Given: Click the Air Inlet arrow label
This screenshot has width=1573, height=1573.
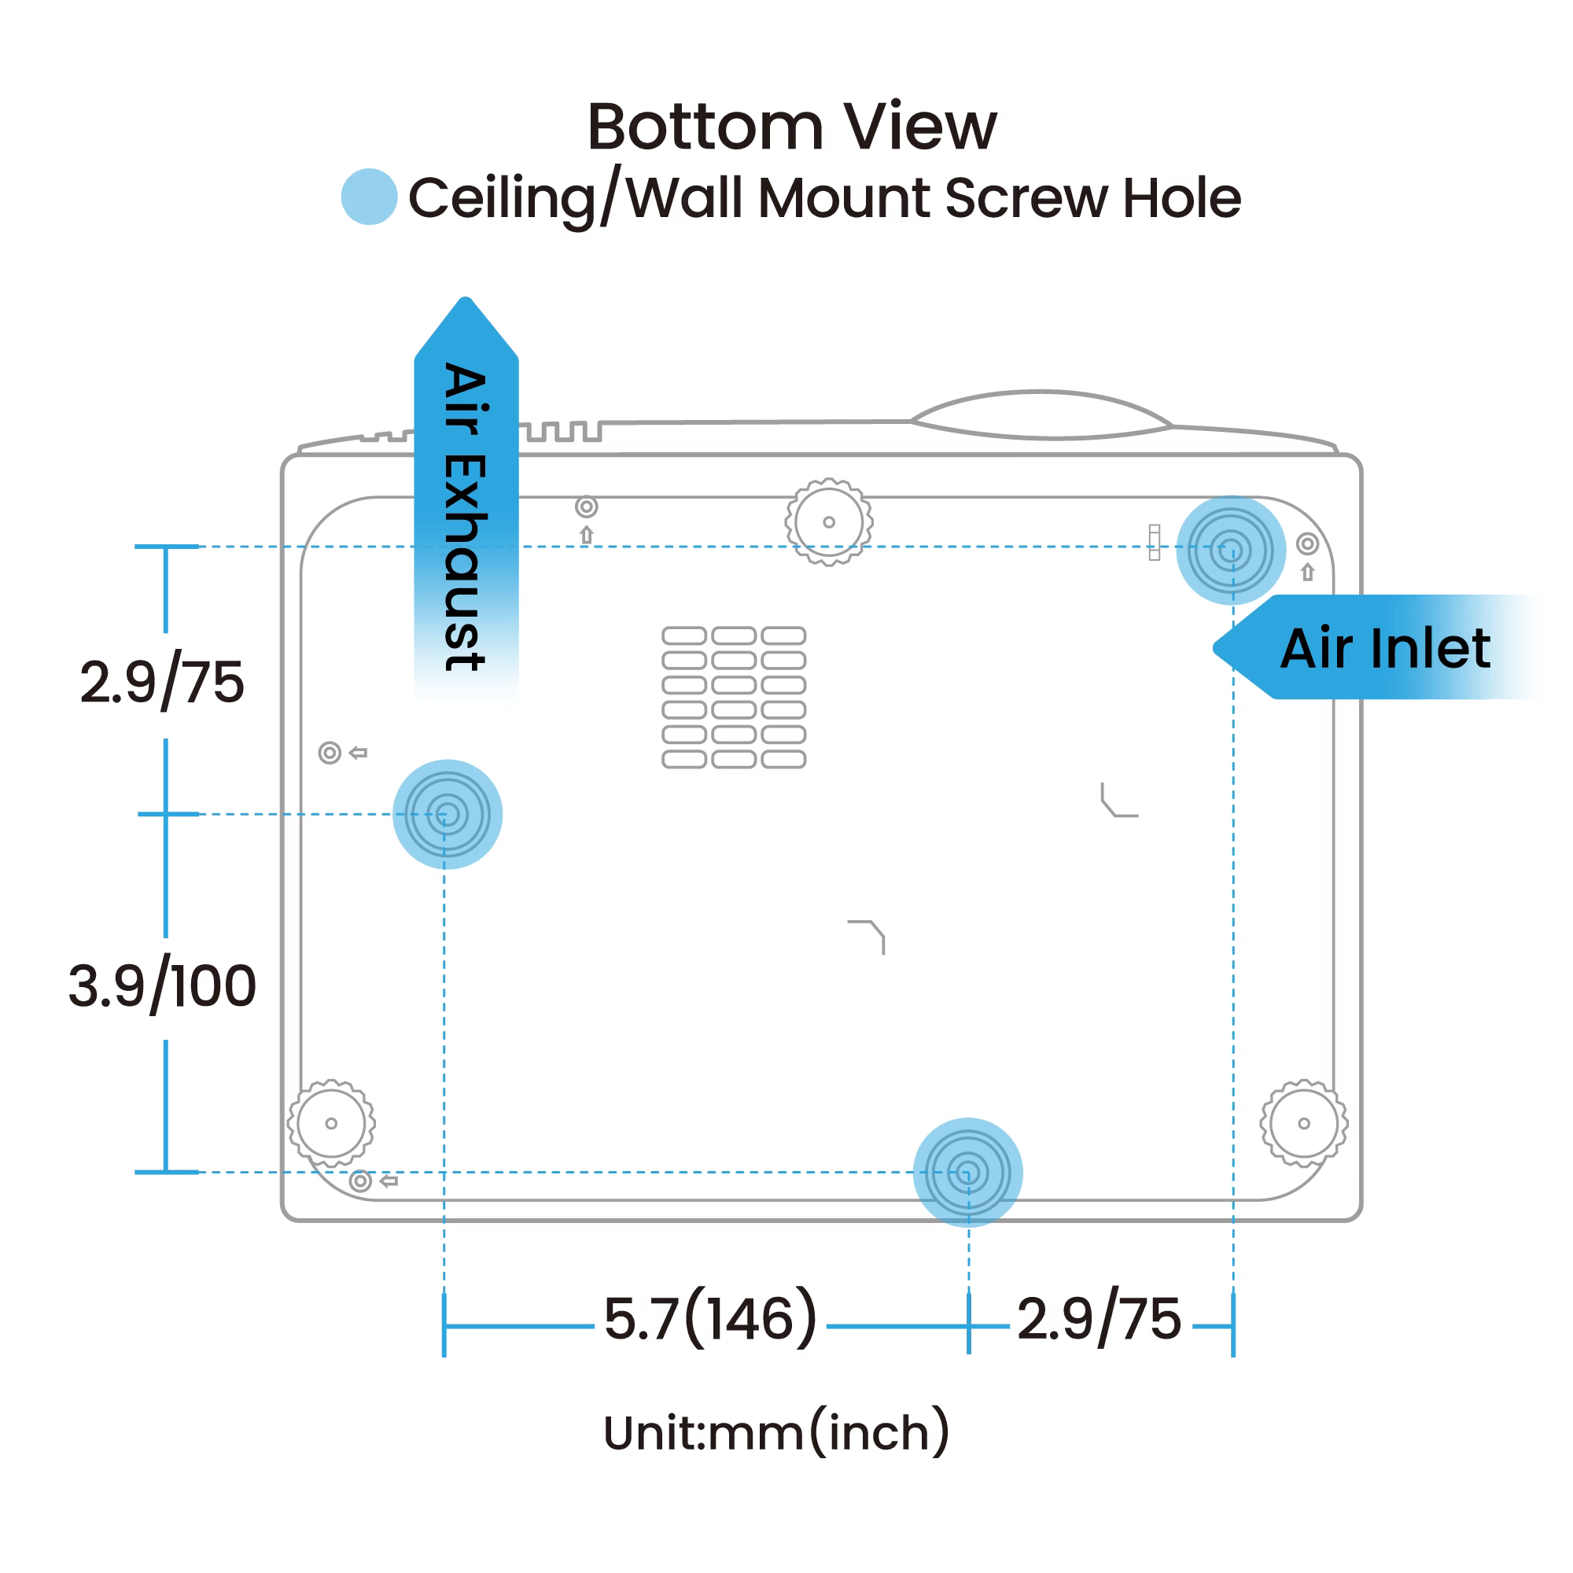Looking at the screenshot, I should (1384, 648).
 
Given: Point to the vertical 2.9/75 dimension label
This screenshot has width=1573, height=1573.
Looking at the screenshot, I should (162, 682).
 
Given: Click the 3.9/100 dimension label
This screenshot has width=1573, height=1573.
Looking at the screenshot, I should (162, 986).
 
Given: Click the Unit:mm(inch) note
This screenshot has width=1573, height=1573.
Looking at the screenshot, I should (776, 1433).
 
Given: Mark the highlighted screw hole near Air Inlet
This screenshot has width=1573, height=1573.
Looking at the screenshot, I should (1230, 551).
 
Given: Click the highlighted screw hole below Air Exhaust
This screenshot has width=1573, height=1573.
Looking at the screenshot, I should (447, 814).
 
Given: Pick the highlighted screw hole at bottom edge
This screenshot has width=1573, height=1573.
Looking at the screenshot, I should (967, 1173).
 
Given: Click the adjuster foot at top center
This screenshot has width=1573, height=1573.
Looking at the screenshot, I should (829, 522).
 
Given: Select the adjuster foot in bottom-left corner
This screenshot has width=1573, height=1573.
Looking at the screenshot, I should (331, 1124).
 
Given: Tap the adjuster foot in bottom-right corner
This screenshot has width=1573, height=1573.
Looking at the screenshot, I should (1303, 1124).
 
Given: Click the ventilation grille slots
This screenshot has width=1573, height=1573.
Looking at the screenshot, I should (734, 697).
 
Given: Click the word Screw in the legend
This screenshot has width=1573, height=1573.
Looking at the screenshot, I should (1026, 198).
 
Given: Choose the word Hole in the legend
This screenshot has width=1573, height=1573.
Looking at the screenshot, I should (1181, 198).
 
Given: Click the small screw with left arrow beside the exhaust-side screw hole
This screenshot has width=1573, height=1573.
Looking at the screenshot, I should (330, 753).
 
